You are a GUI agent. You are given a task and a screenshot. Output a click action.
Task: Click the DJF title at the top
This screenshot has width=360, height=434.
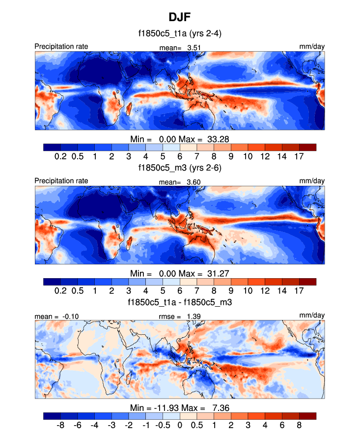pyautogui.click(x=180, y=18)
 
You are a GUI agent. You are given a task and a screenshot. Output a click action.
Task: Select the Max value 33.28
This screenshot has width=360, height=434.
pyautogui.click(x=219, y=139)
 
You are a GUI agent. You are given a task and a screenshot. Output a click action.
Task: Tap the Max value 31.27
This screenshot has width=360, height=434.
pyautogui.click(x=219, y=273)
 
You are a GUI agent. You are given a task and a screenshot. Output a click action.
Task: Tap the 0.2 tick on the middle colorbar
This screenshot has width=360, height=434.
pyautogui.click(x=60, y=290)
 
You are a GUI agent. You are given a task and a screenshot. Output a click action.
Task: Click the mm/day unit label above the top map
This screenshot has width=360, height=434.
pyautogui.click(x=312, y=46)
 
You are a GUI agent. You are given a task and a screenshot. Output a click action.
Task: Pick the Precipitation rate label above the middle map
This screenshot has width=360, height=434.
pyautogui.click(x=61, y=180)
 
